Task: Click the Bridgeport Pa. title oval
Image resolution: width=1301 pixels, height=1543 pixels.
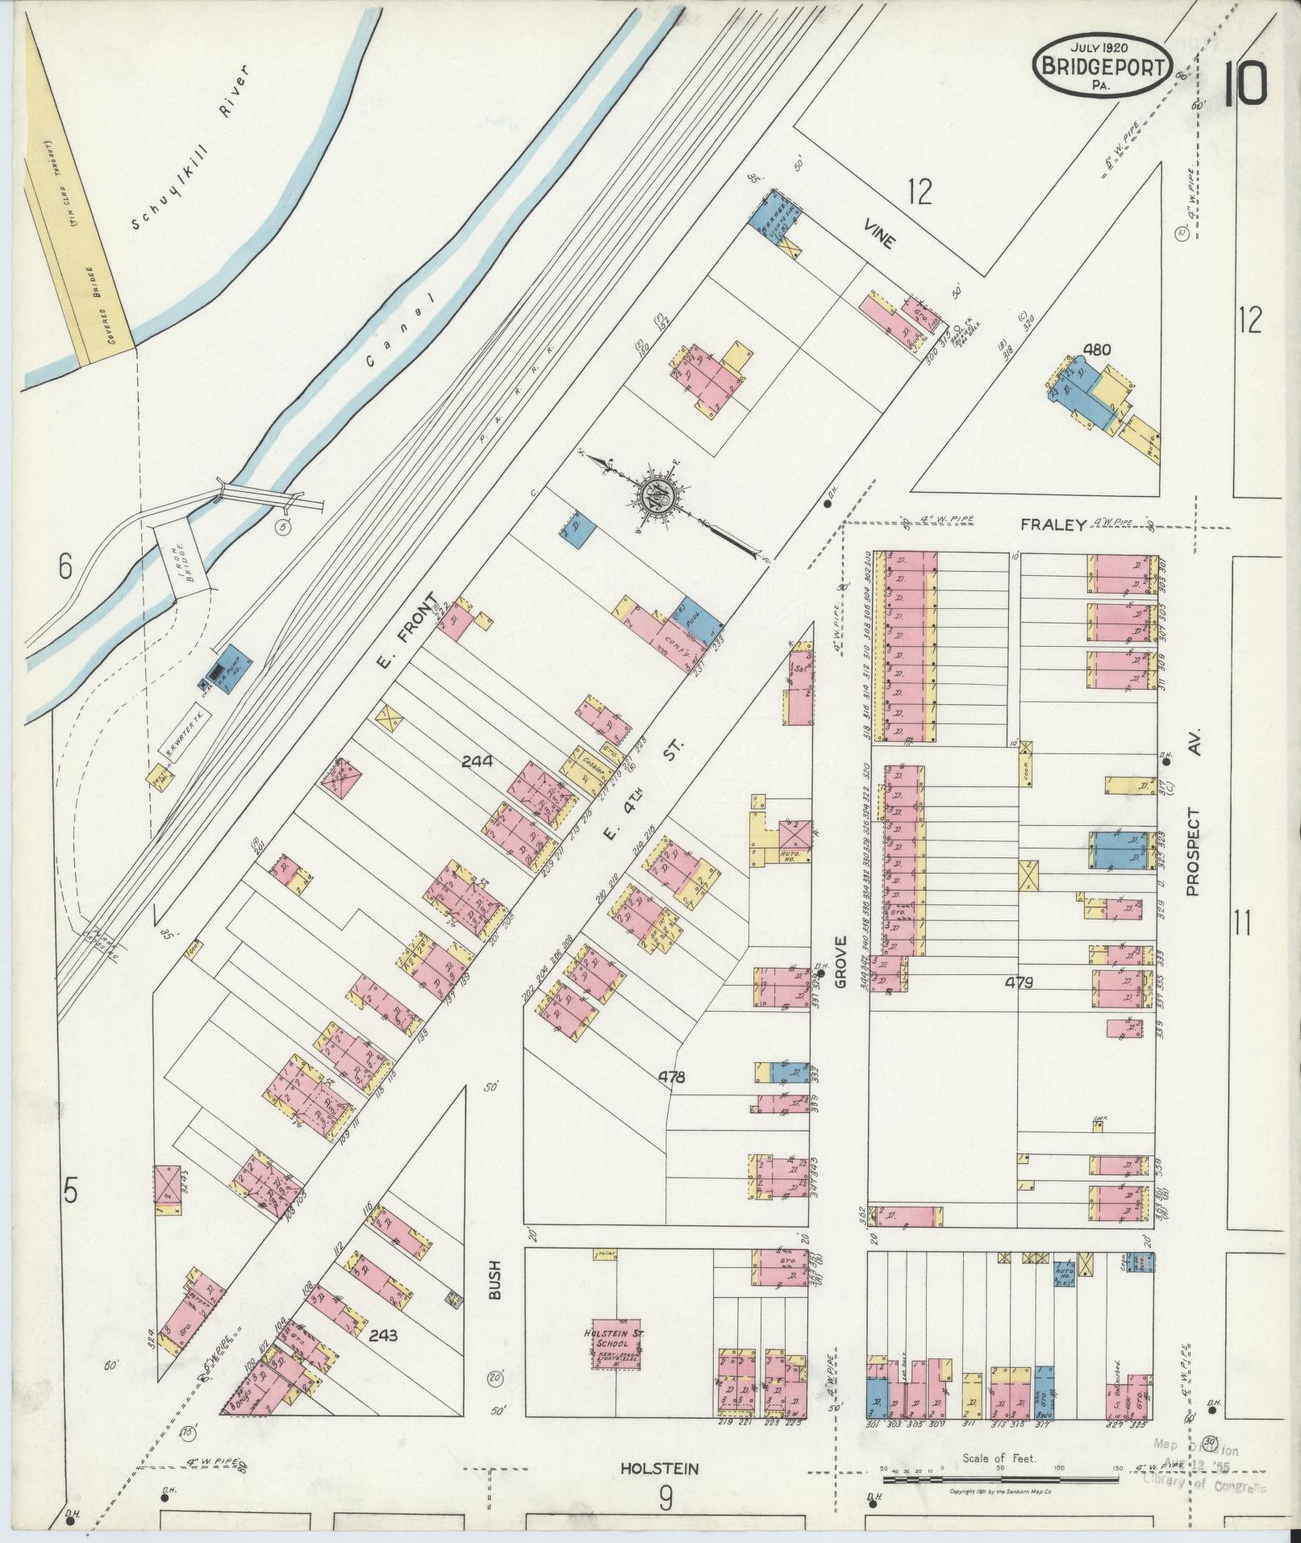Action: [x=1102, y=65]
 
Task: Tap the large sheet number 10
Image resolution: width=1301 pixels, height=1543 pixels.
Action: [x=1245, y=83]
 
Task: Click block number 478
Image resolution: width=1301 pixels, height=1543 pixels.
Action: [x=671, y=1076]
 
